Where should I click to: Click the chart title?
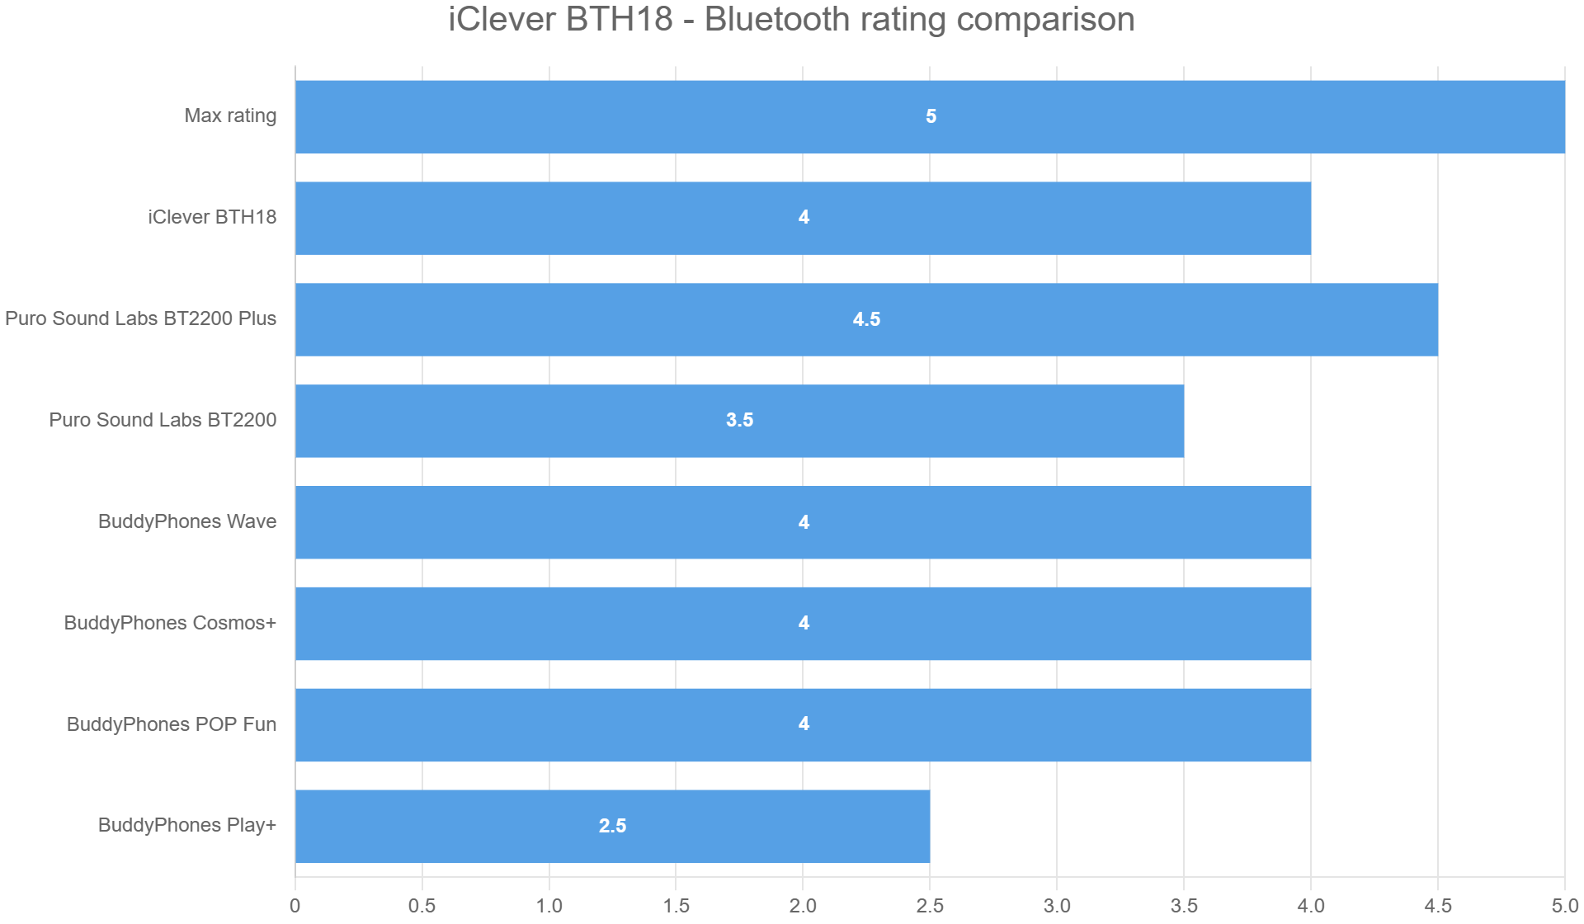click(791, 20)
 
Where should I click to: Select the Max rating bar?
click(930, 116)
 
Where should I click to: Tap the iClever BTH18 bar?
click(803, 218)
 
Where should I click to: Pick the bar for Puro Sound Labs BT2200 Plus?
click(866, 319)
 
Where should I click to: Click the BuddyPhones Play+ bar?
click(612, 826)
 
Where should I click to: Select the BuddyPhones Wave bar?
click(803, 522)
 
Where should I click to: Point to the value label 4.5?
click(866, 319)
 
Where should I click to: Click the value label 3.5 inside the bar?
click(739, 420)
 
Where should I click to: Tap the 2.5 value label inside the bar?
click(612, 826)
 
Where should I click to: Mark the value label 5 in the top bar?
click(931, 116)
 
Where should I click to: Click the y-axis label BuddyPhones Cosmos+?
click(170, 623)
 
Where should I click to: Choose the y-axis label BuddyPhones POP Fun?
click(172, 724)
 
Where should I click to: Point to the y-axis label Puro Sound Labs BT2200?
click(163, 420)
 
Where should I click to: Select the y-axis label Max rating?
click(230, 115)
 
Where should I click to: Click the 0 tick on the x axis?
click(295, 906)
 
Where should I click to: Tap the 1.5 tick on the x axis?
click(676, 906)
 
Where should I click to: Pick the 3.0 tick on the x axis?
click(1057, 906)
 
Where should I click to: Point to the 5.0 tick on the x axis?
click(1564, 906)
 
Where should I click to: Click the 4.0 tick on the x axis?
click(1311, 906)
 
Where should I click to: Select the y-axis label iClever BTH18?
click(212, 217)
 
